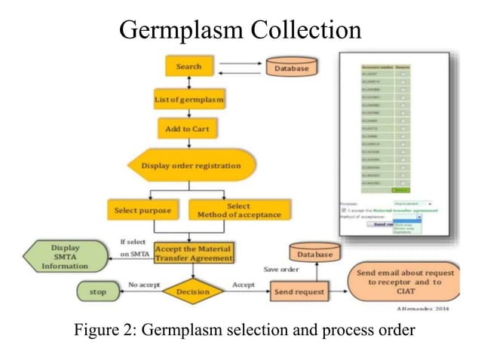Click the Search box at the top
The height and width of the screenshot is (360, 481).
tap(188, 66)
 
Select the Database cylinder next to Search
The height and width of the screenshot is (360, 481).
tap(291, 69)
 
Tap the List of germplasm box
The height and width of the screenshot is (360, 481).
tap(188, 99)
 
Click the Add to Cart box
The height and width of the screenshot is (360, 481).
tap(188, 129)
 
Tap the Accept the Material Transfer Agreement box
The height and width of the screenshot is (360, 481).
tap(194, 252)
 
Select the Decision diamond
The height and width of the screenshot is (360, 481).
tap(193, 291)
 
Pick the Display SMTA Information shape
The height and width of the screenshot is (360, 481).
tap(70, 255)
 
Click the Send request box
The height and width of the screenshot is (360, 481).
tap(299, 291)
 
